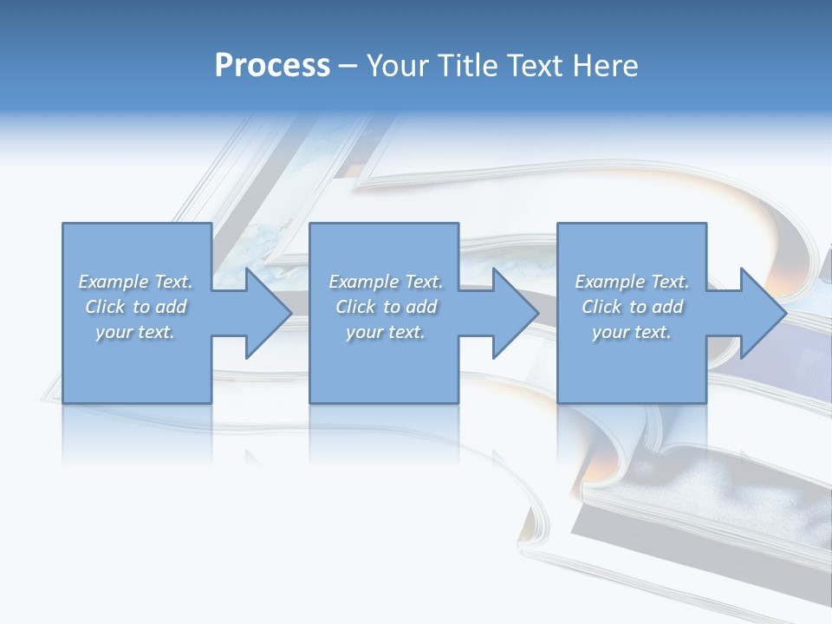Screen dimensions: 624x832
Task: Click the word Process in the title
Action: click(272, 66)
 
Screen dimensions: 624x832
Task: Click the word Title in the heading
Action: click(466, 66)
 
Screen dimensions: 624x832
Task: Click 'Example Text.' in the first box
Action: click(135, 282)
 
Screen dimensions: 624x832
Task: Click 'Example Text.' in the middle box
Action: click(386, 282)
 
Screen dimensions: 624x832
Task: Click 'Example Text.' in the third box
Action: click(632, 282)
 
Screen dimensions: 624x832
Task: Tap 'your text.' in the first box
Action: click(135, 332)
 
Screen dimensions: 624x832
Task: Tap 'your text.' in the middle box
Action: click(386, 332)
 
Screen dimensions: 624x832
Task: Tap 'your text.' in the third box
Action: click(632, 332)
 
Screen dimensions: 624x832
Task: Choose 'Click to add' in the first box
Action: click(135, 307)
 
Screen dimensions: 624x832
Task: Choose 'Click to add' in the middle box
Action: click(386, 307)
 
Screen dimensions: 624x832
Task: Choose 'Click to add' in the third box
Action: click(632, 307)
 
